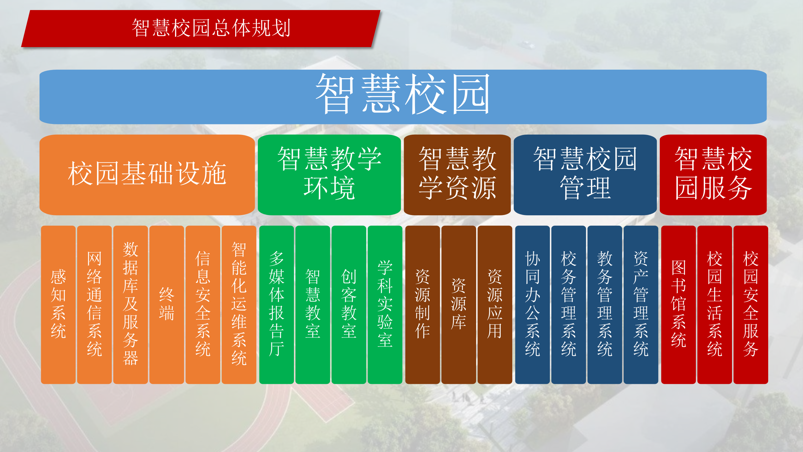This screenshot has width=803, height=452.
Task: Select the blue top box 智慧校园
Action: pos(403,97)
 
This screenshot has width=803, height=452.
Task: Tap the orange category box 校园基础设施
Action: pos(147,175)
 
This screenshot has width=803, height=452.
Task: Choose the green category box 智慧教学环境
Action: pos(329,175)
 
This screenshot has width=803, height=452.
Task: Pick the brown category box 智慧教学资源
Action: pos(457,175)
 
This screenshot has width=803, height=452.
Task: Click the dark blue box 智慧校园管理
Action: pos(585,175)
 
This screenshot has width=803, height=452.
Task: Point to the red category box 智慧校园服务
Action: pos(713,175)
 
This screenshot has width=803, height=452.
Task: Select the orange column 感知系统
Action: pos(58,304)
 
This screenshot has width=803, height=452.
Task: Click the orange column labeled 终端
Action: pos(167,304)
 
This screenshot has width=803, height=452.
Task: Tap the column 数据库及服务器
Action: pos(130,304)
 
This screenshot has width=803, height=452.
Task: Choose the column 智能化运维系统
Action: pos(239,304)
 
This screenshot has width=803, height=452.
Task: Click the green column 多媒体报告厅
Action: pos(276,304)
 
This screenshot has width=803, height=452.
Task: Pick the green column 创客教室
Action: pos(349,304)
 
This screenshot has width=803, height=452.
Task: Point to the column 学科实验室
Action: pos(385,304)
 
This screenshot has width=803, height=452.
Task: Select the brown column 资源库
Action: pos(459,304)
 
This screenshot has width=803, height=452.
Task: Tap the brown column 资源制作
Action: pos(423,304)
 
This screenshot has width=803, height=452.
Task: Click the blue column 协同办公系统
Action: pos(532,304)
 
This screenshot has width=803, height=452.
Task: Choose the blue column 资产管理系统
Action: pos(641,304)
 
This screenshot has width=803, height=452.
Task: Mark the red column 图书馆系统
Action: pos(678,304)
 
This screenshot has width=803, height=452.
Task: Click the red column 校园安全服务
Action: pos(751,304)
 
